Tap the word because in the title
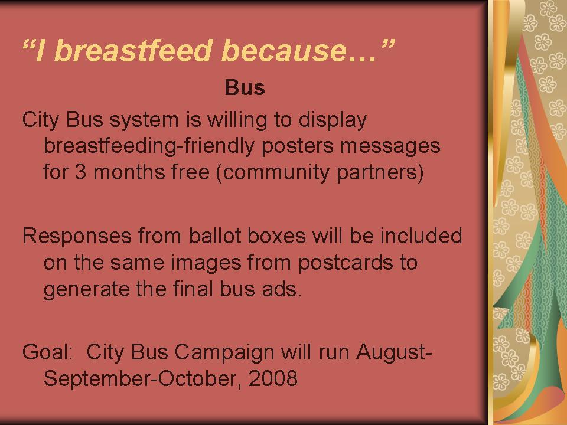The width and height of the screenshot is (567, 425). point(283,50)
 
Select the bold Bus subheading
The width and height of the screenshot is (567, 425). point(245,87)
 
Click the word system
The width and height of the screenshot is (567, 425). point(144,120)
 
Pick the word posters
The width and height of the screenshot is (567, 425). point(297,146)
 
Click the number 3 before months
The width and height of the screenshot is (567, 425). point(81,172)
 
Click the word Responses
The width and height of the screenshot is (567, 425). point(77,236)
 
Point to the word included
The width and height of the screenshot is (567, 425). point(421,236)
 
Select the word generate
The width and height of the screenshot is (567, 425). point(86,289)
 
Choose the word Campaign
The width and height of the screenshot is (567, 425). point(224,352)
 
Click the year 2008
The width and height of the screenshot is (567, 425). point(273,378)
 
